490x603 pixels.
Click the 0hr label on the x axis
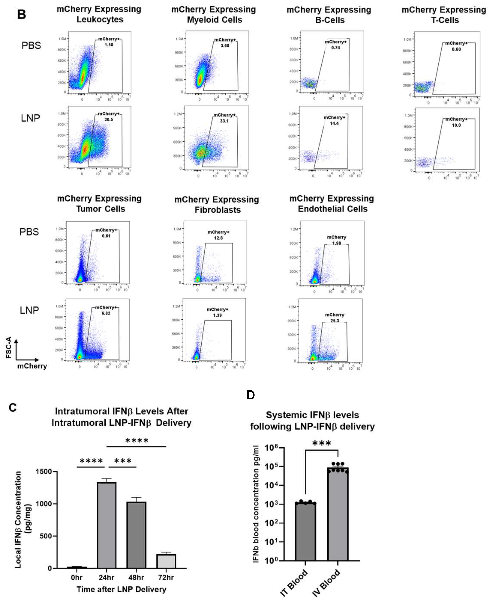pos(76,577)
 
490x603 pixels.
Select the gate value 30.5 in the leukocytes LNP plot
pos(109,120)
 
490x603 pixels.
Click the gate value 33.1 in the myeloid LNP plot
pos(224,121)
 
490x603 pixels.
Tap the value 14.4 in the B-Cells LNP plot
pos(334,123)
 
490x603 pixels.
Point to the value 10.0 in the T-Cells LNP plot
pos(456,125)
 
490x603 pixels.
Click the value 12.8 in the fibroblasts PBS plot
pos(218,238)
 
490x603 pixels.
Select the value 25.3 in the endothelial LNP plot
pos(335,321)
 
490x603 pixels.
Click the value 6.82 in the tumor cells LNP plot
pos(106,313)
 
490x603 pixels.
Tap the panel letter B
pos(21,14)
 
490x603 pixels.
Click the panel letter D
pos(250,395)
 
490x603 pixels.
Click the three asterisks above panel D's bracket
pos(322,443)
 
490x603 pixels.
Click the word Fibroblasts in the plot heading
pos(218,210)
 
